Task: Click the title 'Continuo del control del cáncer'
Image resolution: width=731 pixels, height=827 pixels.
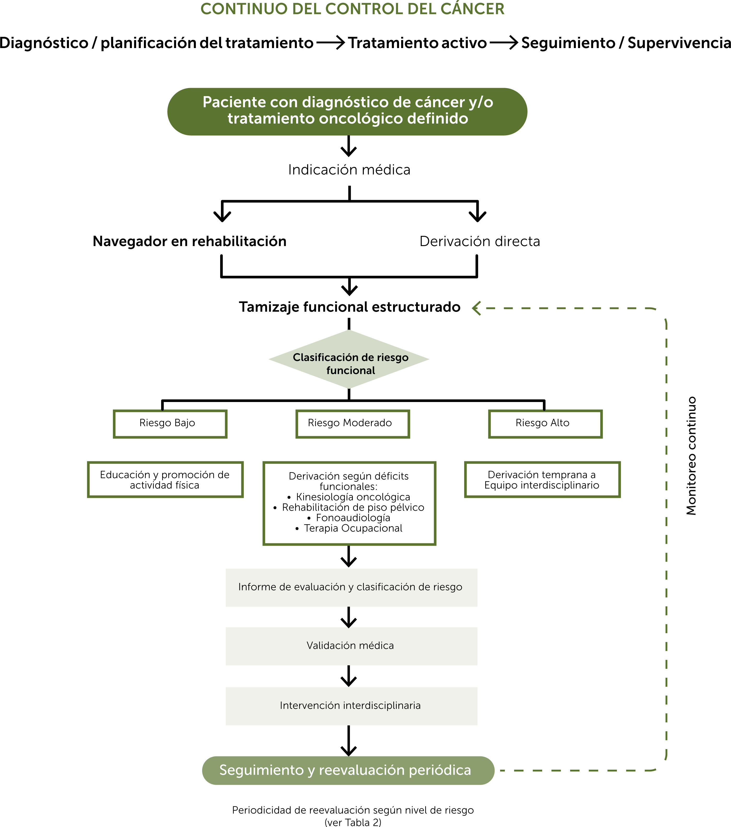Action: tap(352, 9)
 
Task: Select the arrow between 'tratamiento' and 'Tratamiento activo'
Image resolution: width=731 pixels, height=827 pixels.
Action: tap(331, 43)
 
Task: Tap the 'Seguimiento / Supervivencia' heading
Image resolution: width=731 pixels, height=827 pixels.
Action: tap(626, 43)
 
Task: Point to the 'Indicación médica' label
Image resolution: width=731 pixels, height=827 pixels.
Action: tap(349, 170)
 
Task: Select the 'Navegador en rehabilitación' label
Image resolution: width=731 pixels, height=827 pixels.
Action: tap(189, 241)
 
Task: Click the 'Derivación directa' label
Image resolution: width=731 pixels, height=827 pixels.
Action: tap(480, 241)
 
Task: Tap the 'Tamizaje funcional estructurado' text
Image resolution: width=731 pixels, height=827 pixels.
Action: tap(349, 307)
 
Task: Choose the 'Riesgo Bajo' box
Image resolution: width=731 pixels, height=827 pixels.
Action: tap(170, 424)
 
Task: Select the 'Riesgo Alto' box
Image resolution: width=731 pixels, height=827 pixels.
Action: tap(545, 424)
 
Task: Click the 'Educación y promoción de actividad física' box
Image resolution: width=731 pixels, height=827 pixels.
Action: tap(165, 479)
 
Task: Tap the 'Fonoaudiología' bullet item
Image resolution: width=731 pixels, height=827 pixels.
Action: tap(349, 518)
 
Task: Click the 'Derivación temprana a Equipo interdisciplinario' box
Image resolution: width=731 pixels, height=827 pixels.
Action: tap(542, 479)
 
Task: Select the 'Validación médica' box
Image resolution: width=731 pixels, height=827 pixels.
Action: tap(351, 646)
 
